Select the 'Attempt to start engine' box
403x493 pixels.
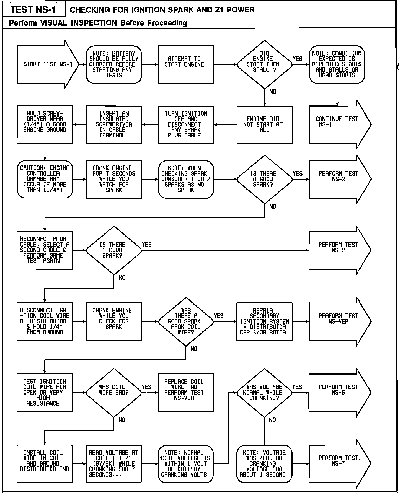(185, 64)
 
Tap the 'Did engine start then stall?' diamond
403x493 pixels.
(264, 64)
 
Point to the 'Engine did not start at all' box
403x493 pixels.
(264, 124)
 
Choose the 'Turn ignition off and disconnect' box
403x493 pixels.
(185, 124)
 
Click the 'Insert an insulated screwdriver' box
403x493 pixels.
(114, 124)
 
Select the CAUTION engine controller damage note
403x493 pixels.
(45, 179)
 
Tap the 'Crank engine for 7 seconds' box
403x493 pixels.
(114, 179)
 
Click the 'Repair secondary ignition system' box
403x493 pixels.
(264, 321)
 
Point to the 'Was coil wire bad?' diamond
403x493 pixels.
(114, 392)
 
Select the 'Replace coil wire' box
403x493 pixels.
(185, 392)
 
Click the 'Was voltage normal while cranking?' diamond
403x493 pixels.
(264, 392)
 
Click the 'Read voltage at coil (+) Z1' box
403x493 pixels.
(114, 463)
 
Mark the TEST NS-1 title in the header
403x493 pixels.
(33, 10)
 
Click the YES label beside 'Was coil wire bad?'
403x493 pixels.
(146, 387)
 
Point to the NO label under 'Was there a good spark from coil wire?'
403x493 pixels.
(194, 349)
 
